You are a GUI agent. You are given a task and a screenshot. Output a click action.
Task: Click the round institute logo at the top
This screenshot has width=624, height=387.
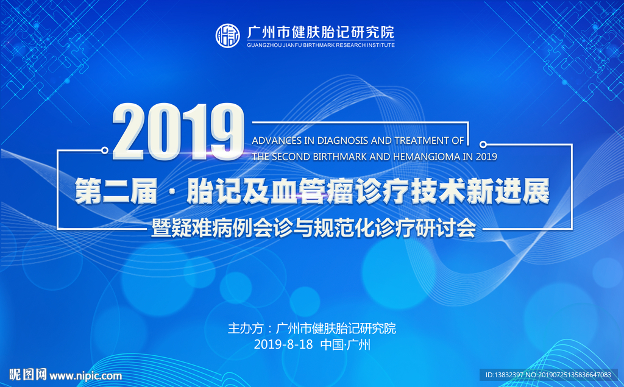click(x=228, y=36)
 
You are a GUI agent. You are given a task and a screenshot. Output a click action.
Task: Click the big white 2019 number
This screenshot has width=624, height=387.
click(x=179, y=132)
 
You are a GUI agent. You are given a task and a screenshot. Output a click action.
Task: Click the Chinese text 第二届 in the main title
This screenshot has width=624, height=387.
click(x=116, y=191)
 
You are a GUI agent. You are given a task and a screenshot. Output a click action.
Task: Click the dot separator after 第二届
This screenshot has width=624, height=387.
click(x=172, y=191)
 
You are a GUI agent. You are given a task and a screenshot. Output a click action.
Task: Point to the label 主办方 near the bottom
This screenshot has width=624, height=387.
click(x=246, y=328)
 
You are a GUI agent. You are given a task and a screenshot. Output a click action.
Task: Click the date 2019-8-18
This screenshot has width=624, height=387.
click(x=283, y=344)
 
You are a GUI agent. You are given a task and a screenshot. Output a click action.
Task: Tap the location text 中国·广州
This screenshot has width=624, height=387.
click(x=345, y=344)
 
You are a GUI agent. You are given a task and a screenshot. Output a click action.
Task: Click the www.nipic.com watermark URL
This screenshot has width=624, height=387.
click(x=85, y=376)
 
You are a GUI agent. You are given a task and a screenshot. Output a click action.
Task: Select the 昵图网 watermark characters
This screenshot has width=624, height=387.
click(x=28, y=375)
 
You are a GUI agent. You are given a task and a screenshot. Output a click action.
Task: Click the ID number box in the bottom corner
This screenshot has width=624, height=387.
click(x=548, y=375)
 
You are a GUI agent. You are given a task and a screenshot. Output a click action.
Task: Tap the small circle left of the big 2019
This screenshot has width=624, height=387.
click(x=105, y=150)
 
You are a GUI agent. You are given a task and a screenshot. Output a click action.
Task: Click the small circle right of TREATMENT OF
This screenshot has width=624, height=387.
click(x=483, y=144)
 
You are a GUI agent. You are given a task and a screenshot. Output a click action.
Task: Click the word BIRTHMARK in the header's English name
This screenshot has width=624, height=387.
click(x=319, y=45)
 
